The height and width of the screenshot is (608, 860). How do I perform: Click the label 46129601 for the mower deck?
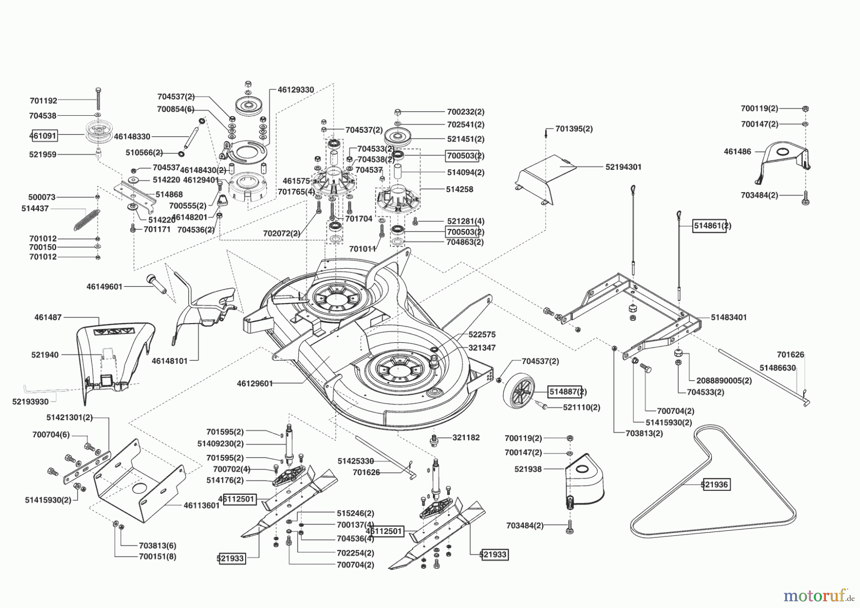pyautogui.click(x=255, y=383)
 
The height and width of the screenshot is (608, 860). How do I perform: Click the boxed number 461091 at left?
pyautogui.click(x=43, y=135)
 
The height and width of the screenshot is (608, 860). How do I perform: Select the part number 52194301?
pyautogui.click(x=623, y=167)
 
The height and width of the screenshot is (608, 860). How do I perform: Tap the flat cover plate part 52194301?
pyautogui.click(x=545, y=177)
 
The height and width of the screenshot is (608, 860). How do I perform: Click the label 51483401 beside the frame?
pyautogui.click(x=729, y=317)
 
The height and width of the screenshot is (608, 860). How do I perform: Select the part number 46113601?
pyautogui.click(x=201, y=505)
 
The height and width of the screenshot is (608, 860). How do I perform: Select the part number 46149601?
pyautogui.click(x=104, y=287)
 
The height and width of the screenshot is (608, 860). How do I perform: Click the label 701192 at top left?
pyautogui.click(x=43, y=101)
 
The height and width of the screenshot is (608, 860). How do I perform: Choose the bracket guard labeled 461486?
pyautogui.click(x=784, y=163)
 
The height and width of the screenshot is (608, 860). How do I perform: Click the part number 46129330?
pyautogui.click(x=296, y=90)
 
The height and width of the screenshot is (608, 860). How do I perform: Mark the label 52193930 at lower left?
pyautogui.click(x=30, y=402)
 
